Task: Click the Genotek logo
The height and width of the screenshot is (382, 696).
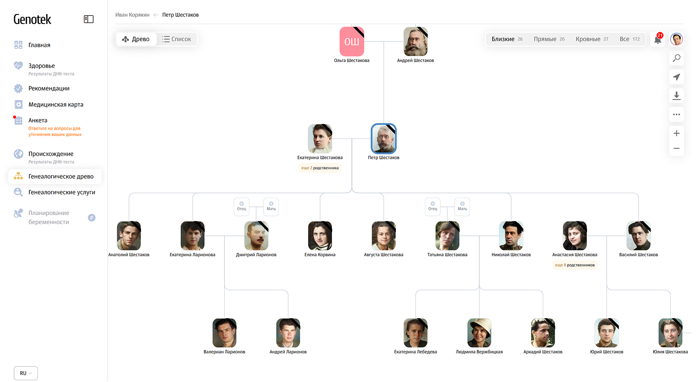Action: (x=33, y=19)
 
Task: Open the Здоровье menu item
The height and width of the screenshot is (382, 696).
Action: (x=42, y=66)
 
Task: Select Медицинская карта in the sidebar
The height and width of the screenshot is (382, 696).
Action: (x=56, y=105)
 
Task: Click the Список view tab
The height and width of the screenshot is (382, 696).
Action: (x=177, y=39)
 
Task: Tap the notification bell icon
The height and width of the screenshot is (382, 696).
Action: (x=658, y=39)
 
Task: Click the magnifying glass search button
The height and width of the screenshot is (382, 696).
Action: (x=677, y=58)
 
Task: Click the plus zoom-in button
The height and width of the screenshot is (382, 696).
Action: (x=677, y=134)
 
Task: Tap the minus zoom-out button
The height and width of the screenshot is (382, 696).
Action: (x=677, y=148)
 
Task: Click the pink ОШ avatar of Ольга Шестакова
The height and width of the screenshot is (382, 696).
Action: (x=352, y=41)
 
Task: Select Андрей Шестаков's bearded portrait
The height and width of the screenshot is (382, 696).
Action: (x=415, y=41)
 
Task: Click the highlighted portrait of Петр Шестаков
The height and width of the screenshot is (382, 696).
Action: (x=384, y=138)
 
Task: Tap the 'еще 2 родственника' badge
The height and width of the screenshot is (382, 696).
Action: (x=320, y=168)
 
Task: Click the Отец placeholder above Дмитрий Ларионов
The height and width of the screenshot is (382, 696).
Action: (x=241, y=206)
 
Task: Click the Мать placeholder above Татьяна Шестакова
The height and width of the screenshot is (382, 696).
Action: (x=462, y=206)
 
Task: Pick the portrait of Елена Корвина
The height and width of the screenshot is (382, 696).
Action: (x=320, y=236)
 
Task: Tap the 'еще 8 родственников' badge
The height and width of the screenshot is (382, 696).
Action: (x=575, y=265)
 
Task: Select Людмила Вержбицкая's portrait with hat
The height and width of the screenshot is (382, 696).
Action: (x=479, y=333)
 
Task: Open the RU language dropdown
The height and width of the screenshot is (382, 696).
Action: (x=26, y=373)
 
